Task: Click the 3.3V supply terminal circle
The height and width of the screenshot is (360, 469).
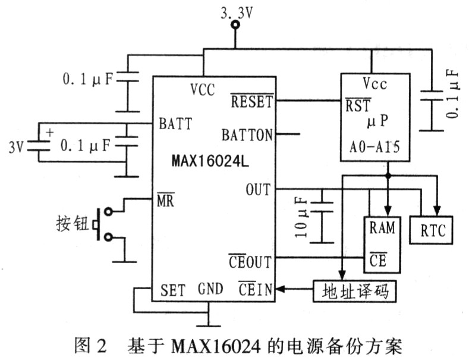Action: [236, 24]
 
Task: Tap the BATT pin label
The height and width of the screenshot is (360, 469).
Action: [175, 123]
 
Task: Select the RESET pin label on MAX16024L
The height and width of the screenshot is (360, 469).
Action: [252, 101]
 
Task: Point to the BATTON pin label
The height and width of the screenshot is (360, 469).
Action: [247, 134]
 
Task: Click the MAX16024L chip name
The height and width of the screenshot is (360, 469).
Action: [210, 162]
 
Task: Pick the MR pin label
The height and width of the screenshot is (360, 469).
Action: [165, 200]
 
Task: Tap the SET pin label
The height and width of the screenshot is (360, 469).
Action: [173, 290]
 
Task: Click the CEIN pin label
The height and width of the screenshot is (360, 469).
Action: [256, 289]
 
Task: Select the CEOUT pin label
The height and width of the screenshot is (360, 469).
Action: [250, 261]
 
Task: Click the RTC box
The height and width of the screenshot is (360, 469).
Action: [432, 230]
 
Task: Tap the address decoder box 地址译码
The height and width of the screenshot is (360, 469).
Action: [355, 291]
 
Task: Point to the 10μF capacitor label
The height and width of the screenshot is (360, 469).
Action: [302, 218]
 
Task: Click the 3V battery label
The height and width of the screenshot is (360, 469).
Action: [16, 147]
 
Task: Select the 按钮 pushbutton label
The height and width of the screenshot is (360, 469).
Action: [73, 223]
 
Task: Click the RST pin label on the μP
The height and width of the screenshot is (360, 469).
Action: [358, 105]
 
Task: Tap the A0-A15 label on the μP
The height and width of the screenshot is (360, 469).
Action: [374, 148]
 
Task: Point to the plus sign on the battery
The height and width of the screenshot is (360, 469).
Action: [50, 132]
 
